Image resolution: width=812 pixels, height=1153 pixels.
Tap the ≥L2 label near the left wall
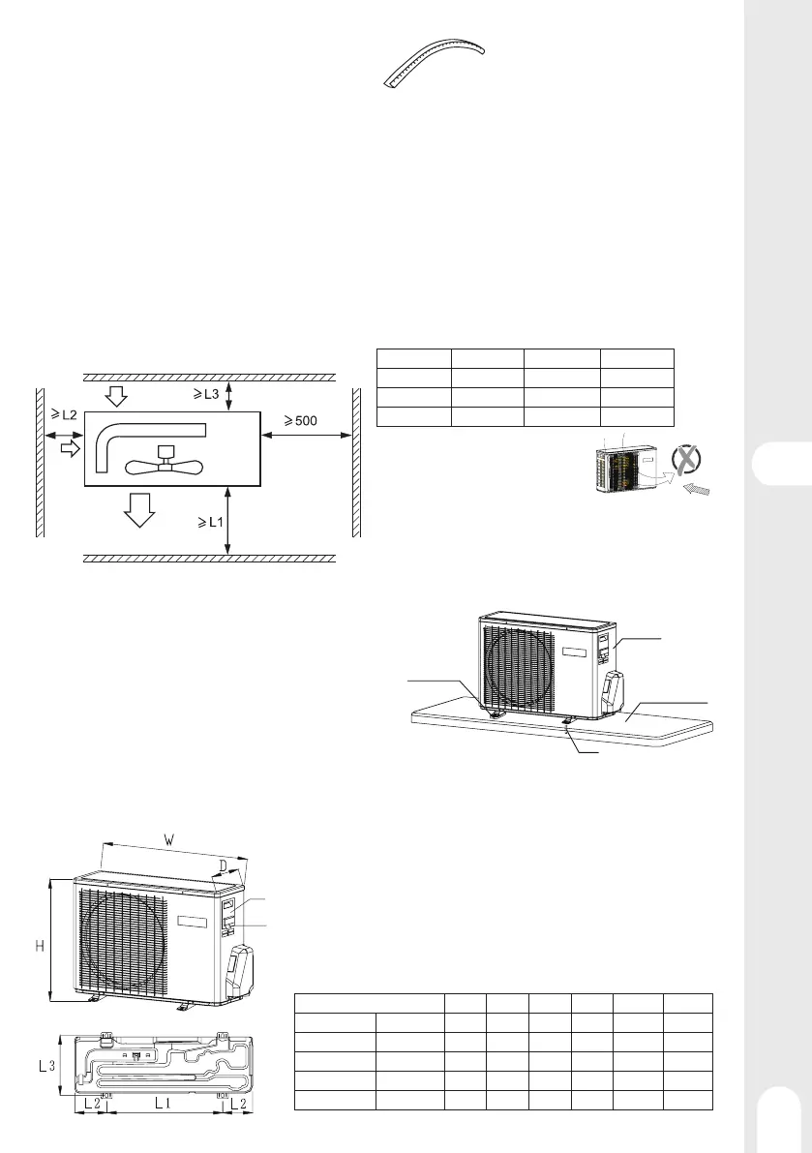coord(65,415)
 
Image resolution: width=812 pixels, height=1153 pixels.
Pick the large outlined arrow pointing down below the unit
coord(140,508)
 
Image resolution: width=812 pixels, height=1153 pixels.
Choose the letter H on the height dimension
coord(40,943)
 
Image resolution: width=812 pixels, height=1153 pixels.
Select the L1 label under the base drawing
coord(163,1103)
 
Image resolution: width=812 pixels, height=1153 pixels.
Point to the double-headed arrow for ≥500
coord(307,437)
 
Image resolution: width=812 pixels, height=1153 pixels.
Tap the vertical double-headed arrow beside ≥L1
coord(228,522)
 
